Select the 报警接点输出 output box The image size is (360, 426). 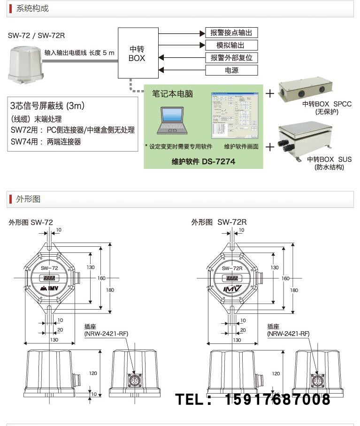[x=231, y=32]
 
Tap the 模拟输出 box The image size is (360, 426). [x=231, y=45]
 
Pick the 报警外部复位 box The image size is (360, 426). [x=231, y=58]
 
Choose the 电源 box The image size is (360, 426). [x=231, y=70]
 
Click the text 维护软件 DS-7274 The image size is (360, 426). [x=203, y=161]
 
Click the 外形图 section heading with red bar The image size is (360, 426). [x=28, y=199]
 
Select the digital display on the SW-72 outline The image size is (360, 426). [x=50, y=278]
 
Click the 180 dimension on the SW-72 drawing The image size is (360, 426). [x=110, y=290]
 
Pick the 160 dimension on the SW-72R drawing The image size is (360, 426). [x=285, y=278]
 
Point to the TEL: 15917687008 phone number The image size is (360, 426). [x=253, y=400]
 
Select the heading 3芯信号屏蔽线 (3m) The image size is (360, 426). [x=47, y=106]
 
